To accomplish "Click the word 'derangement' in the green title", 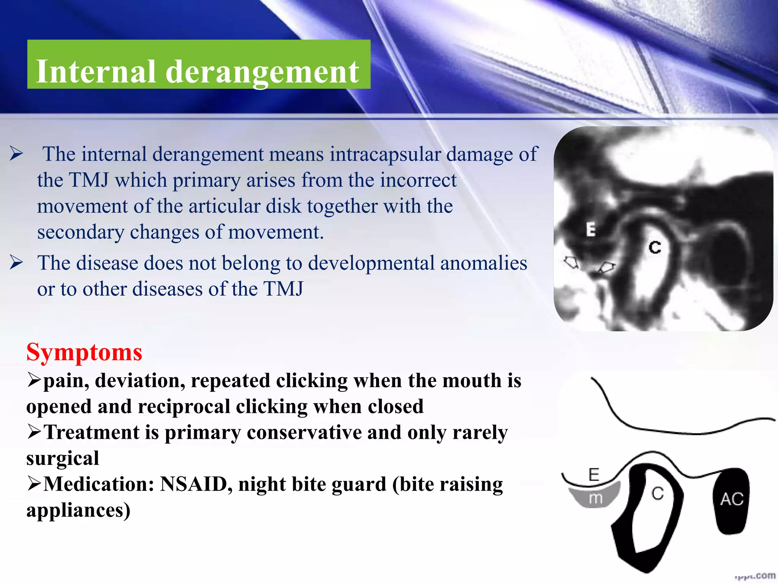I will click(262, 72).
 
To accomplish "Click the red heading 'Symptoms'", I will click(84, 352).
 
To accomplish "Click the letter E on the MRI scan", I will click(591, 230).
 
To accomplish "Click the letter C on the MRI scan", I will click(655, 247).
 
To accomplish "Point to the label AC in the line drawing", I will click(732, 499).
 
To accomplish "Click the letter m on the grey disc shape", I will click(595, 498).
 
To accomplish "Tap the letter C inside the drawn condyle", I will click(657, 493).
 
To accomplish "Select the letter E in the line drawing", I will click(593, 474).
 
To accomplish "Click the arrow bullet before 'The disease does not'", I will click(16, 263).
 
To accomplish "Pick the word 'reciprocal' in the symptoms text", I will click(184, 407).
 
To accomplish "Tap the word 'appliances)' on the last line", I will click(78, 510).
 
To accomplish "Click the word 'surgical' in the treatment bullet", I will click(63, 459).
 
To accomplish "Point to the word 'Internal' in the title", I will click(96, 72).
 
